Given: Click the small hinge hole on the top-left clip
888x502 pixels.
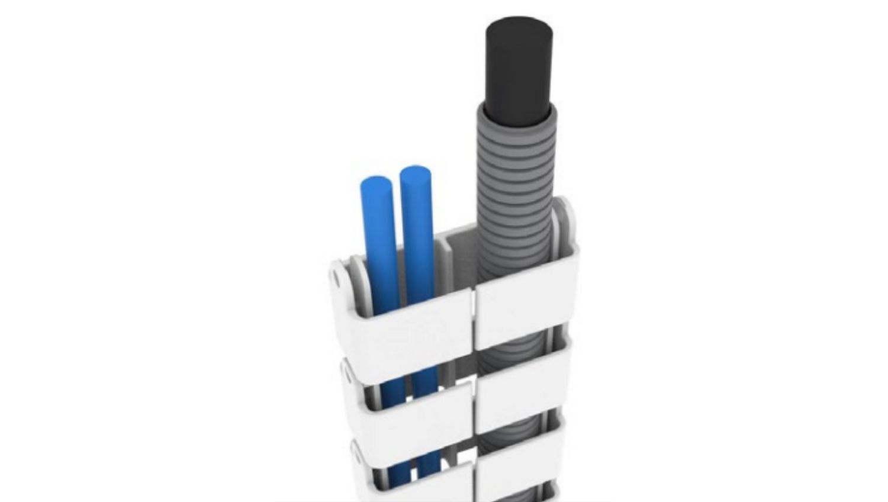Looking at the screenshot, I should (x=336, y=277).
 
